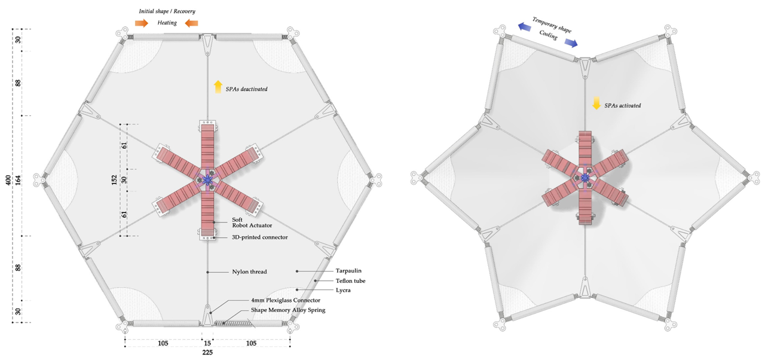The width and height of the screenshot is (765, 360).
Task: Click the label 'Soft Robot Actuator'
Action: click(252, 222)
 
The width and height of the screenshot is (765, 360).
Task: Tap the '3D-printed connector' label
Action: click(259, 237)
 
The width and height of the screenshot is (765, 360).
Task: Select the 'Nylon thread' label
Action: click(249, 272)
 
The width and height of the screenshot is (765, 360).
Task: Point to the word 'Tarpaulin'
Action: click(348, 271)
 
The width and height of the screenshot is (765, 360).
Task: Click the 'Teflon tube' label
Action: click(350, 280)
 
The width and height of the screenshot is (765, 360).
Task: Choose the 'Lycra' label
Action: click(343, 290)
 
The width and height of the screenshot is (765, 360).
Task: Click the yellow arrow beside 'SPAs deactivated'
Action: click(218, 87)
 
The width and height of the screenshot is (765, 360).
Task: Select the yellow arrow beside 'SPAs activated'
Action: click(596, 103)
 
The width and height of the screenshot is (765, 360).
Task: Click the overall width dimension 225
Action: click(207, 352)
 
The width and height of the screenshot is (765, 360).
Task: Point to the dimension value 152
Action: click(114, 180)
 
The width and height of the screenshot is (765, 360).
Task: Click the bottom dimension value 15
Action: click(207, 343)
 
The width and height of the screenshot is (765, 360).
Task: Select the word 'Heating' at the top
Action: click(167, 23)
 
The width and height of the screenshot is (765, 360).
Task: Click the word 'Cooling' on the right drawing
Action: click(548, 36)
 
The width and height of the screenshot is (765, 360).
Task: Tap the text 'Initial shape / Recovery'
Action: click(167, 11)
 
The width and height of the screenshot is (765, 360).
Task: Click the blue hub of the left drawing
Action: click(207, 179)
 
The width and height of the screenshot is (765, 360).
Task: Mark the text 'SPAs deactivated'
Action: click(246, 89)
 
